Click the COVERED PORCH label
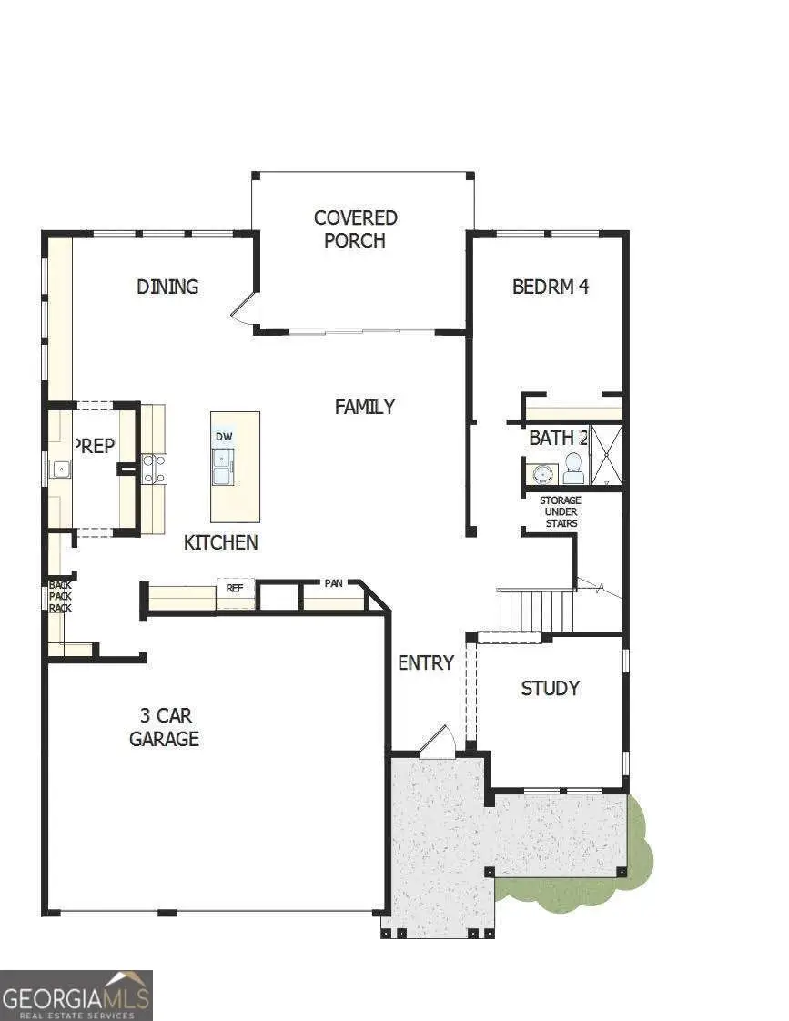click(355, 229)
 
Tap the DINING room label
click(167, 287)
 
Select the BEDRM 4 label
click(551, 287)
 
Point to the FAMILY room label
click(364, 407)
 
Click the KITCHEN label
click(221, 543)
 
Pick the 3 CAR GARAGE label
click(164, 727)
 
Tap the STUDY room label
click(550, 689)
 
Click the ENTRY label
click(425, 663)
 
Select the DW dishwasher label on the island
click(224, 437)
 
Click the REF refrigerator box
click(235, 589)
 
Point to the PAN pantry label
click(333, 582)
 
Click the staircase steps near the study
click(537, 610)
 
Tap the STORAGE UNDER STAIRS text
click(560, 512)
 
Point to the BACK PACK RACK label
click(60, 596)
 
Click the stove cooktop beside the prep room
click(154, 469)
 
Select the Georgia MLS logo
click(76, 996)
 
